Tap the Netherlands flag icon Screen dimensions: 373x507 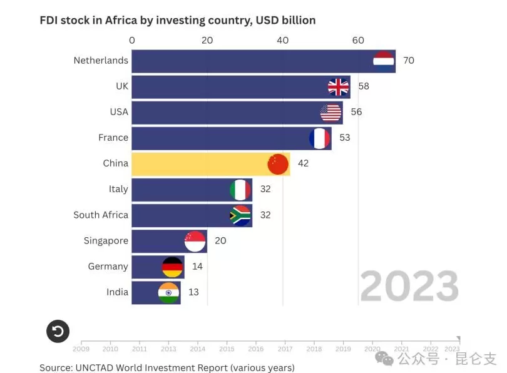[383, 60]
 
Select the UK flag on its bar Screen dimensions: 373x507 [339, 86]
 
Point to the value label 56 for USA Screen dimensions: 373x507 [356, 112]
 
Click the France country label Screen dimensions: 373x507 [113, 138]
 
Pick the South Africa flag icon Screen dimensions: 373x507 [240, 215]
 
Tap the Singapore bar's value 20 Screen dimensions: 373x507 [220, 241]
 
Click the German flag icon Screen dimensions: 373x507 [172, 267]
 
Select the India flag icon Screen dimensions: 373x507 [168, 292]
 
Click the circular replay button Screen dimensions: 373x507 [58, 331]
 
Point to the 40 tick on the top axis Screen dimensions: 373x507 [283, 41]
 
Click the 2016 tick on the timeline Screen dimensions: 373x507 [255, 349]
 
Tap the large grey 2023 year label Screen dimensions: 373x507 [409, 286]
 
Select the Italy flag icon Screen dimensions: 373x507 [240, 190]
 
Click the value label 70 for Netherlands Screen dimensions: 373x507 [409, 61]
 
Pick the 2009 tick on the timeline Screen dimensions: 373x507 [81, 349]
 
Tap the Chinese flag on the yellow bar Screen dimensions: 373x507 [278, 164]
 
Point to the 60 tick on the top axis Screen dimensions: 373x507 [358, 41]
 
